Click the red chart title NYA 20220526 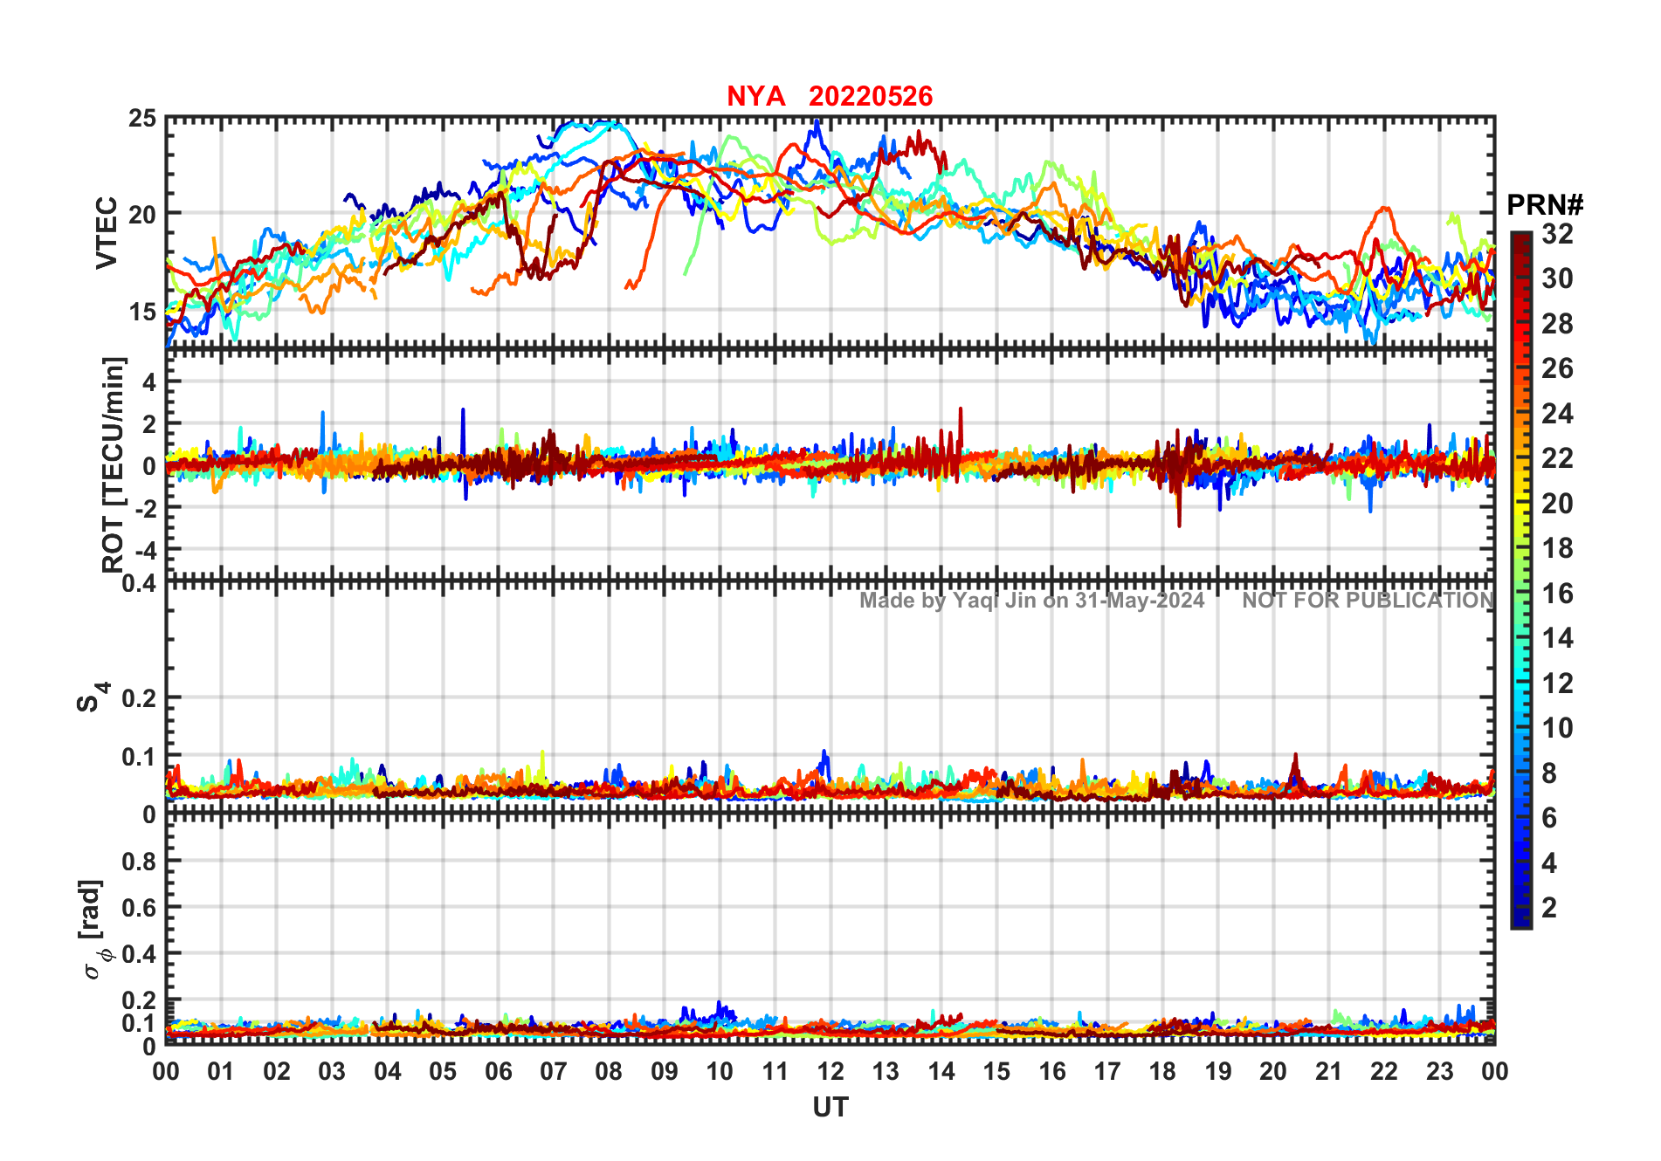(830, 96)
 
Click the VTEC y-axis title (106, 232)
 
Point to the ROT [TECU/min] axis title (114, 464)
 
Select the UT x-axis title (830, 1107)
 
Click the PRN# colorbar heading (1545, 205)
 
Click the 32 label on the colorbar (1557, 234)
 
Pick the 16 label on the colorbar (1557, 594)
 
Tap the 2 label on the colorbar (1549, 908)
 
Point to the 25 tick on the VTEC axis (142, 119)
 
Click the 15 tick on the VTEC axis (142, 312)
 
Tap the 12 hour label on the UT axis (830, 1071)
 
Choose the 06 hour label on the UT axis (498, 1071)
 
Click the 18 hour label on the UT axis (1162, 1071)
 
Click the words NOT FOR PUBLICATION (1368, 601)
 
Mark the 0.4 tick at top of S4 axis (140, 582)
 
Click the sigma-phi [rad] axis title (94, 930)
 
